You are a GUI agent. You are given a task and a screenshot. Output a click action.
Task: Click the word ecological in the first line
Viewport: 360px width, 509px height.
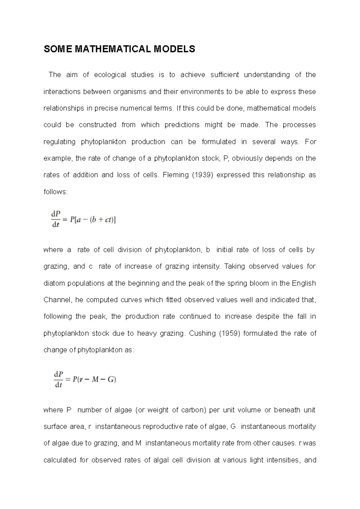(110, 75)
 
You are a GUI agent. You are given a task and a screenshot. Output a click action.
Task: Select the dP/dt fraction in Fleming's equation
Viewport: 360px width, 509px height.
(56, 219)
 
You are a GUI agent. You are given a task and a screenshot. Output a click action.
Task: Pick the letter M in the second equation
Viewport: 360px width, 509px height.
(95, 380)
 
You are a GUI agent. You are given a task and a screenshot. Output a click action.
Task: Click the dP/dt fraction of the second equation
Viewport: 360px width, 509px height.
(58, 380)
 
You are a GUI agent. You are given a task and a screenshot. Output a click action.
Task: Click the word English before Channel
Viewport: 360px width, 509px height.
(304, 284)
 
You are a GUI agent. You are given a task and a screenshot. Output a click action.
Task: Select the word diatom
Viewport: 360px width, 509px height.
(54, 284)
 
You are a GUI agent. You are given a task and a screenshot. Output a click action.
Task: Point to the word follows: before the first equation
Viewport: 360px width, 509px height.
(56, 192)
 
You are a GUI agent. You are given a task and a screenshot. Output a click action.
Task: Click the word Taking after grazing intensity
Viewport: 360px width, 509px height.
(235, 266)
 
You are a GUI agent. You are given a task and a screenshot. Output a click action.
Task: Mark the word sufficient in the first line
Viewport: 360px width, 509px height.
(225, 75)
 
